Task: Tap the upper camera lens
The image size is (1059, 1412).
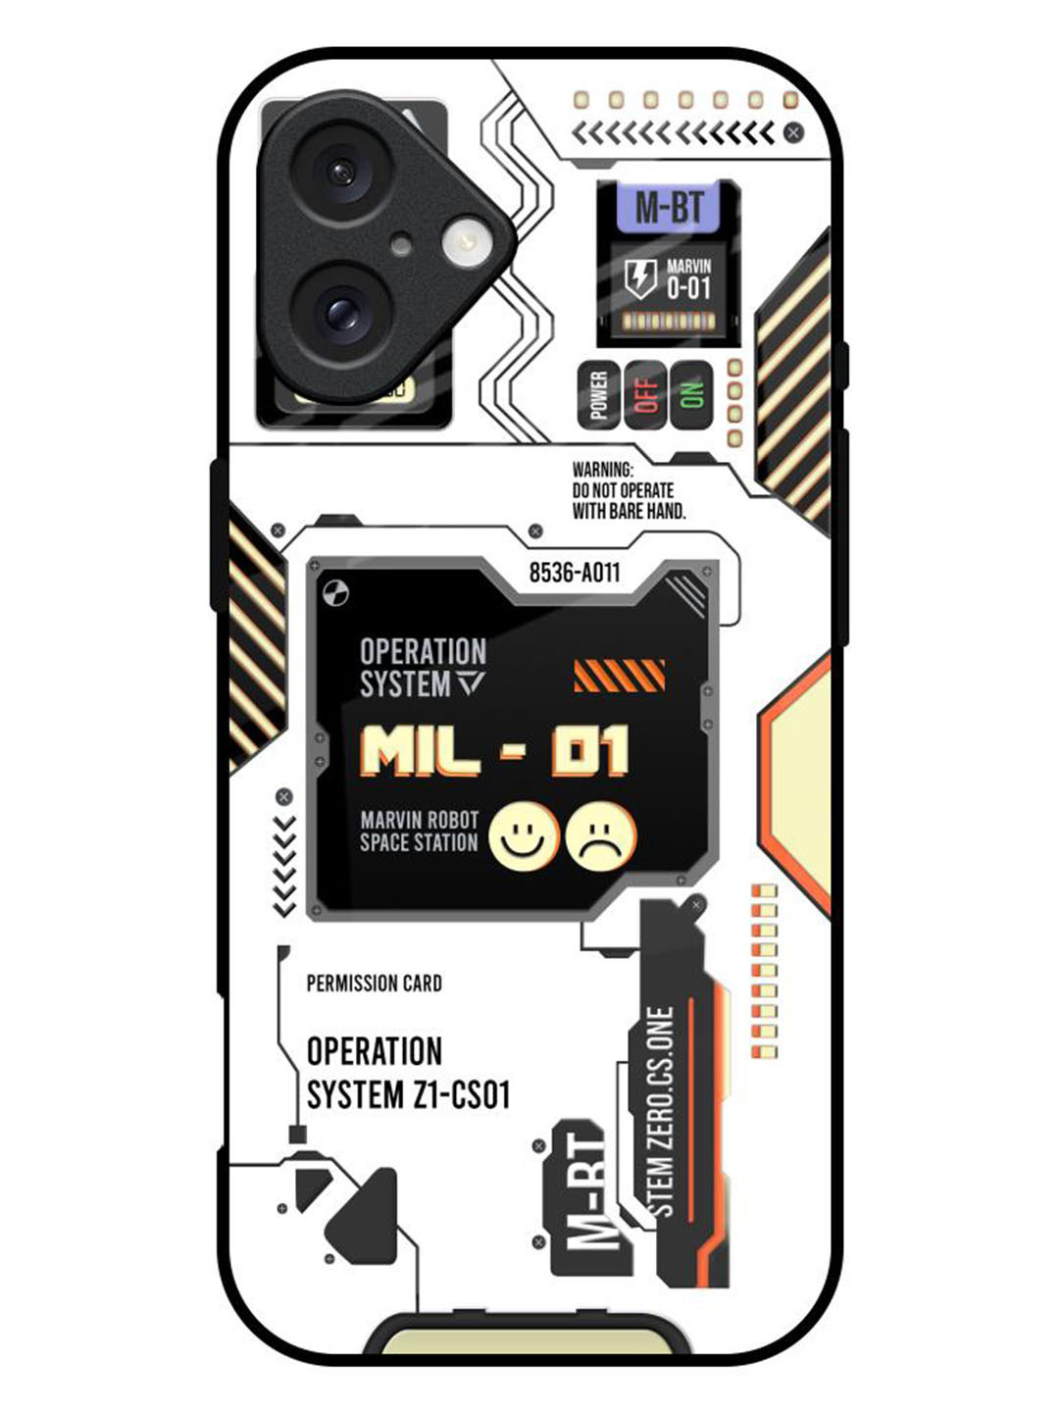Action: point(340,174)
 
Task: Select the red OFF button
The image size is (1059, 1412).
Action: point(646,394)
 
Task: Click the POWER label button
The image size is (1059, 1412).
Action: point(598,394)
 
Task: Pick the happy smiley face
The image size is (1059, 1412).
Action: point(524,837)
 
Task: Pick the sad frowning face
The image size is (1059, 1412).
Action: point(600,837)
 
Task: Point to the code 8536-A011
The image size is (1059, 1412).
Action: point(575,573)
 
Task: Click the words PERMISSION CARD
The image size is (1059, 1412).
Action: point(374,983)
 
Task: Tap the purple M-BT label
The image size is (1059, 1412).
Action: point(669,208)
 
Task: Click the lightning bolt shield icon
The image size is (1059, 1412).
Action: point(640,278)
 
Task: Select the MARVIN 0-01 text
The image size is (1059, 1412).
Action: point(688,278)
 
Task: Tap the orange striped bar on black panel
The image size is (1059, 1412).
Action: point(619,676)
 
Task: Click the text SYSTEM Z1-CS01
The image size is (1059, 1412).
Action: point(408,1094)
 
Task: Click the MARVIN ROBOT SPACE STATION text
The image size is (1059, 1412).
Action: point(419,831)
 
